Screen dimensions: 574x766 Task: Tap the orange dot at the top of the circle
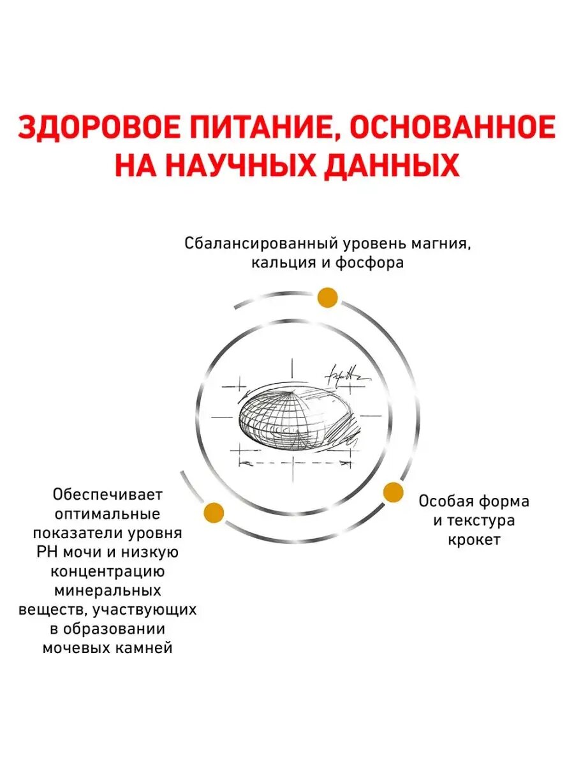pyautogui.click(x=327, y=297)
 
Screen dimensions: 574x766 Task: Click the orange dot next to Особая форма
pyautogui.click(x=394, y=492)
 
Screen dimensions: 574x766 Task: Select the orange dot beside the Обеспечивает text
pyautogui.click(x=214, y=512)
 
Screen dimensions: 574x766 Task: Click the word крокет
pyautogui.click(x=474, y=539)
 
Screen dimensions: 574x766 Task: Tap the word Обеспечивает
pyautogui.click(x=108, y=495)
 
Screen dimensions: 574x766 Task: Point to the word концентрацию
pyautogui.click(x=108, y=571)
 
